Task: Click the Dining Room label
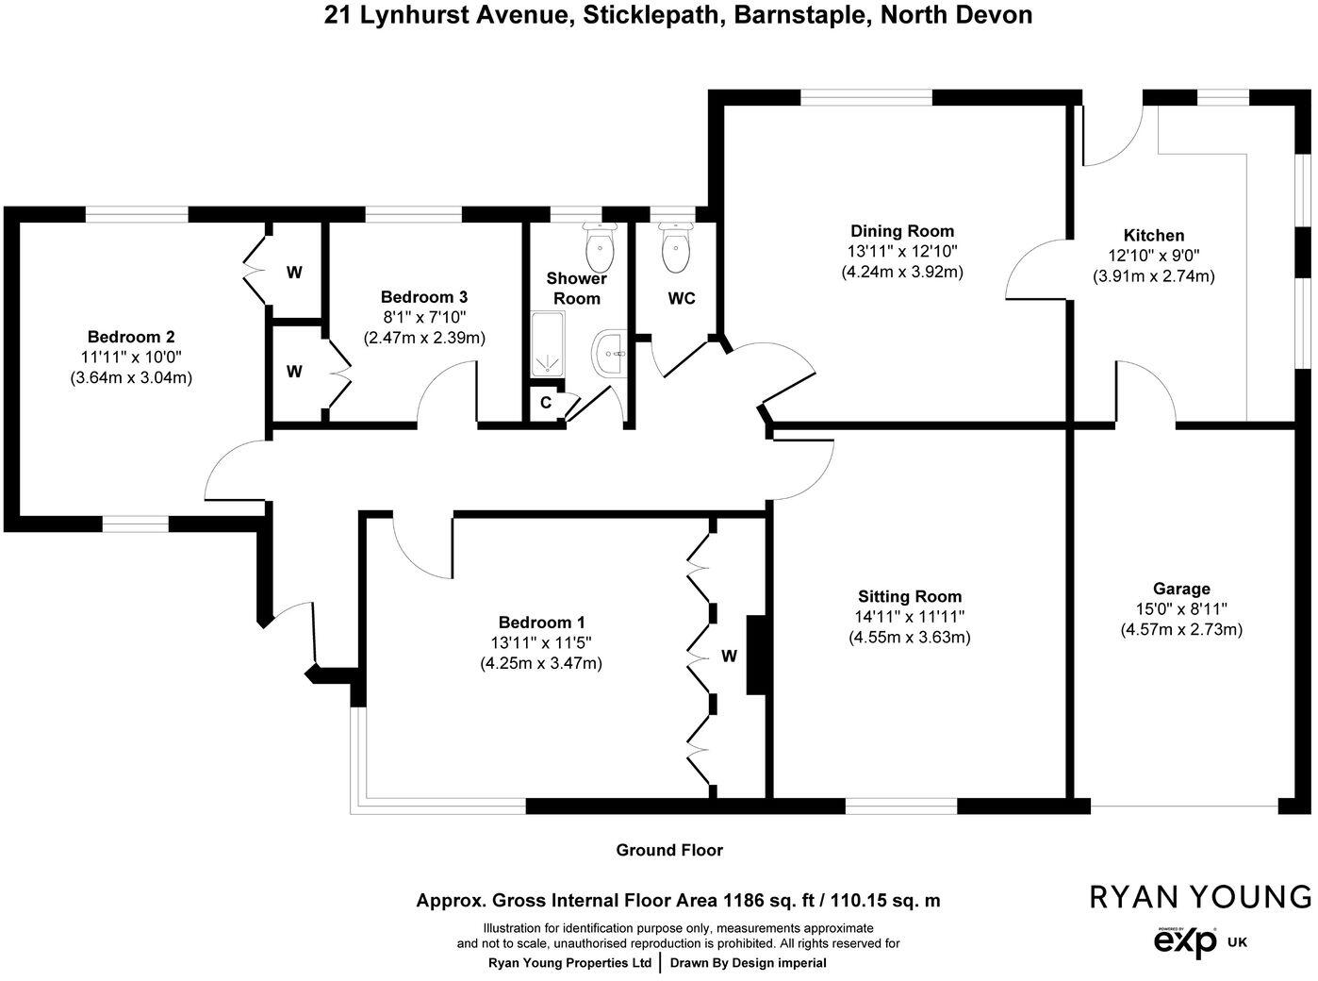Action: pos(902,231)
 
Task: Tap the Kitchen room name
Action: pos(1153,236)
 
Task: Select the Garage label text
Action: pos(1181,590)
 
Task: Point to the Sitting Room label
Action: pos(910,596)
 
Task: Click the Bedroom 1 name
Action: pos(541,623)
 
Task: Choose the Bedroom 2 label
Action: pos(131,337)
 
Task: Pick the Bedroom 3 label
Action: pos(424,296)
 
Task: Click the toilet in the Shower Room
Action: pos(599,247)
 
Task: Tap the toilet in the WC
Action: pos(676,247)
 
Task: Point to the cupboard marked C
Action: pos(545,403)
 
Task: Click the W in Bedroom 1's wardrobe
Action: pos(729,657)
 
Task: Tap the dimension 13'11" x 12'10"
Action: pos(902,252)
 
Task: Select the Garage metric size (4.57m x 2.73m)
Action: pos(1181,629)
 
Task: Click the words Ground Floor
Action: pos(669,850)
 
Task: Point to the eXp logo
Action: pos(1185,941)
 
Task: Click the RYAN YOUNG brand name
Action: pos(1200,896)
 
